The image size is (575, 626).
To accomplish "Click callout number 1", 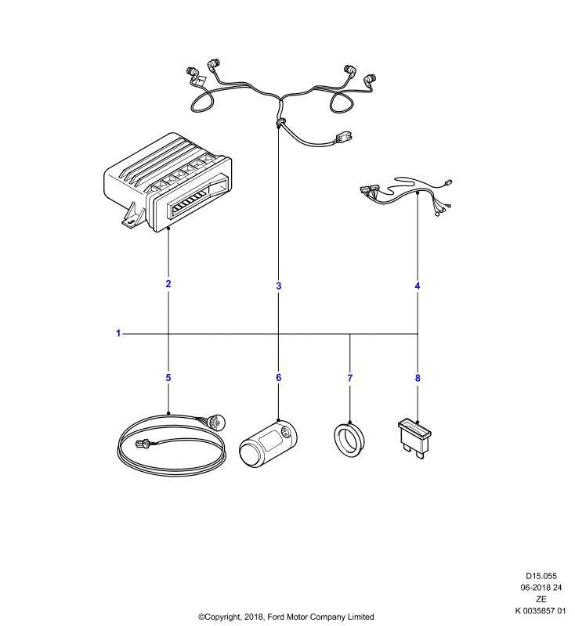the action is (x=118, y=333).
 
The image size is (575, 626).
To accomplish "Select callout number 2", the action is (x=168, y=283).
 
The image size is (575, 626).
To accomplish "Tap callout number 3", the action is (x=279, y=286).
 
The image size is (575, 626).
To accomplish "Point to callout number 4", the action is (x=418, y=286).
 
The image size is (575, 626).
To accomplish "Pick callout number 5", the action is (x=168, y=378).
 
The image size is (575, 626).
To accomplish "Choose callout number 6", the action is (x=279, y=378).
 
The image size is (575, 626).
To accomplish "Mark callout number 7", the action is (x=350, y=378).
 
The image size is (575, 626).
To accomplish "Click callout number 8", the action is (x=418, y=378).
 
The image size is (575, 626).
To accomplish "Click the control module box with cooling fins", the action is (x=168, y=182).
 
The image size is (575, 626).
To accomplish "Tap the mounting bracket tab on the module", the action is (x=132, y=218).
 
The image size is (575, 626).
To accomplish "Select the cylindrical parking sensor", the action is (x=268, y=443).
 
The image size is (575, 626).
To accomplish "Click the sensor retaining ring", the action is (x=349, y=440).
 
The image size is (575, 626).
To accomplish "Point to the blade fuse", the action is (x=414, y=438).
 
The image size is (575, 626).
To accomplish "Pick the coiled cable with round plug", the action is (x=172, y=445).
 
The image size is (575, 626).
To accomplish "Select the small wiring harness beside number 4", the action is (x=407, y=194).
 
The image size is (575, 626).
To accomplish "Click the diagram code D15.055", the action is (x=541, y=576).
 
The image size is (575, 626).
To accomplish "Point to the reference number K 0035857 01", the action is (x=541, y=610).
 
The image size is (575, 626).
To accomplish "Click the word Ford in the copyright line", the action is (x=275, y=617).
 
